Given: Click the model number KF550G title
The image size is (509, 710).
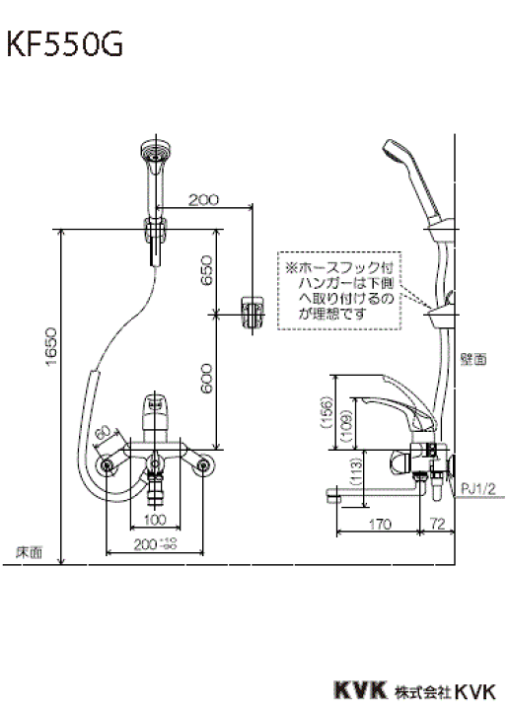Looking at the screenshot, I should pos(66,46).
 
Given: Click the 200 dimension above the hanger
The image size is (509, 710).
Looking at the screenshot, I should pos(201,200).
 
